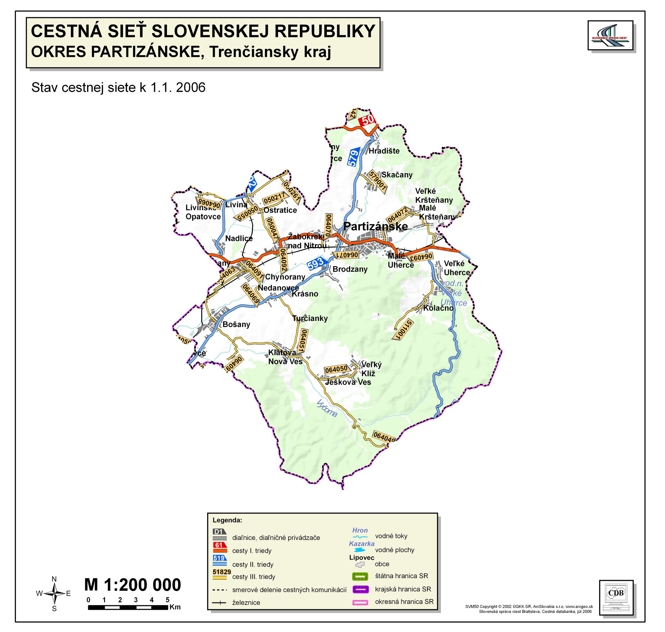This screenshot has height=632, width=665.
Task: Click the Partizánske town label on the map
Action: tap(375, 227)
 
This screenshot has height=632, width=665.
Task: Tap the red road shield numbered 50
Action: tap(367, 120)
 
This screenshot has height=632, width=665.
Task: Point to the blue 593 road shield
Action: tap(316, 263)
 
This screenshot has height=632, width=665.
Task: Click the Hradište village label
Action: tap(384, 151)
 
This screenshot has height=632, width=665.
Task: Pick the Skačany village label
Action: tap(397, 175)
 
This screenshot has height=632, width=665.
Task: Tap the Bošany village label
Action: tap(236, 324)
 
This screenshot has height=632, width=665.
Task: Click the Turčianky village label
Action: tap(310, 318)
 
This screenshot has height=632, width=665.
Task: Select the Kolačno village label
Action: tap(438, 308)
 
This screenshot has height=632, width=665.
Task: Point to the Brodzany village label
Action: tap(350, 269)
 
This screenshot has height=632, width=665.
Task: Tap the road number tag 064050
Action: tap(336, 369)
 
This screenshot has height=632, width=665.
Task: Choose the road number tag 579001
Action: tap(377, 182)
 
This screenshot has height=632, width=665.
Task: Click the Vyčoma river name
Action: tap(327, 408)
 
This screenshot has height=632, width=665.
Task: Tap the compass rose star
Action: tap(54, 594)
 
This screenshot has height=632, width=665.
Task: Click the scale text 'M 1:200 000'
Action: tap(132, 585)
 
